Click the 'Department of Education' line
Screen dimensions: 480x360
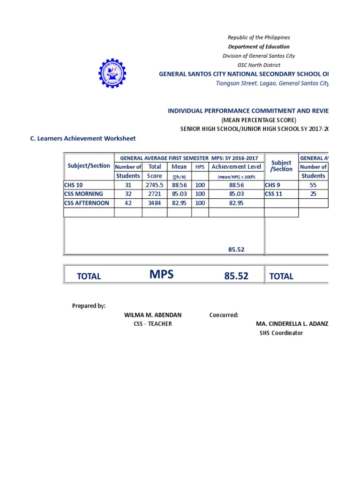click(259, 46)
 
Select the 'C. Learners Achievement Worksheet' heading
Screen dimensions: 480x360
click(82, 138)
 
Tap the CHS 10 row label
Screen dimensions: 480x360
click(74, 185)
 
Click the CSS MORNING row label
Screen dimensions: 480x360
click(83, 194)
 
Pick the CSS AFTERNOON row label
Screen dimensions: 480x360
click(87, 203)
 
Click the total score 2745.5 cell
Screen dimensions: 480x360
click(154, 185)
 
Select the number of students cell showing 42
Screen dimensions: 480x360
click(128, 203)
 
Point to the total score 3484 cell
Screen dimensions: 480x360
click(154, 203)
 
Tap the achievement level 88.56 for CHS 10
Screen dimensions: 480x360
click(236, 185)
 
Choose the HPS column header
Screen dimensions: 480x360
click(200, 167)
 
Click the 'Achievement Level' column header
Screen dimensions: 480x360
click(236, 167)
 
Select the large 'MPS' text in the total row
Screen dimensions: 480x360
click(161, 275)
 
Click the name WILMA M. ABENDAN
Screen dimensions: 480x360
click(152, 315)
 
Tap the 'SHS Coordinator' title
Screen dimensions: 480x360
click(281, 333)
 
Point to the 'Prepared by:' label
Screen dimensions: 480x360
click(89, 306)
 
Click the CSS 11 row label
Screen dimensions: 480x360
click(274, 194)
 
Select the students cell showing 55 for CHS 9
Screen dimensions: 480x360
click(313, 185)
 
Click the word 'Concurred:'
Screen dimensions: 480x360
click(224, 315)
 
